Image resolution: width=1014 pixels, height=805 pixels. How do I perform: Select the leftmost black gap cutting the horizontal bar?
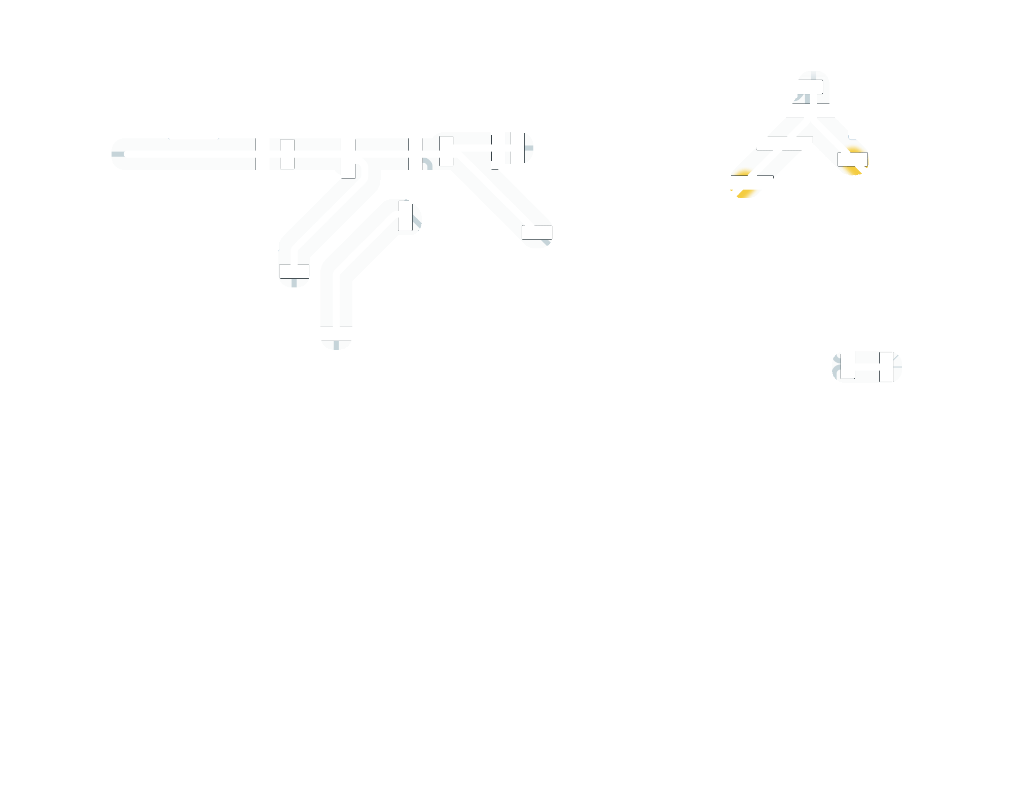pos(262,154)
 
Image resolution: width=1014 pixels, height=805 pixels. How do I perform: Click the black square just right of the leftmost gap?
pos(286,154)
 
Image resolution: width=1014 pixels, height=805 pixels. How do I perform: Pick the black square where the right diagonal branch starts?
pos(446,151)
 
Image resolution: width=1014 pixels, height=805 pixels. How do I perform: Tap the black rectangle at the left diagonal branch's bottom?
pos(294,271)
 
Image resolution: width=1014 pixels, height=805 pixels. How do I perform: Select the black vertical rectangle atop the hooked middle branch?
pos(404,216)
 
